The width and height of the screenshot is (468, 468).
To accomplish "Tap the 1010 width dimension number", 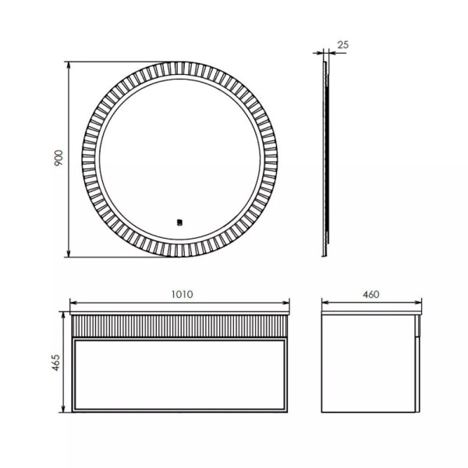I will coord(180,294).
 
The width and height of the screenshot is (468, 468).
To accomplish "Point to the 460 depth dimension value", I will coord(370,294).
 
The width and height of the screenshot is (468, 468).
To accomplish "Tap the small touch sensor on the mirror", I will coord(179,221).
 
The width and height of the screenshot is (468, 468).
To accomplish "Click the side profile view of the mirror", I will coord(327,156).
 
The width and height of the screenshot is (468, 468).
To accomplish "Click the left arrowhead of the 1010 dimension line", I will coord(73,303).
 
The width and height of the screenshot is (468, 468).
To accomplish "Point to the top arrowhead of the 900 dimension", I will coord(69,63).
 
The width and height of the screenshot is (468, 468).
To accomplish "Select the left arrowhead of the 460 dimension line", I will coord(325,303).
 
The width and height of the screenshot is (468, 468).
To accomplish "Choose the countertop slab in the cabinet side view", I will coord(371,312).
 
